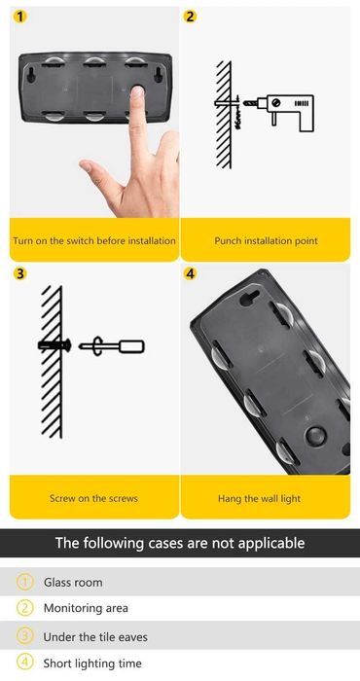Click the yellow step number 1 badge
(20, 17)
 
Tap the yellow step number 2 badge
(191, 17)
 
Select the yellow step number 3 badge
(20, 274)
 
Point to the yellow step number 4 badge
(190, 274)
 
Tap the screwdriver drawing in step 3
(112, 346)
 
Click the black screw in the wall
(54, 345)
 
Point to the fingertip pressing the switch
(137, 93)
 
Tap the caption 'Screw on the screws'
(93, 498)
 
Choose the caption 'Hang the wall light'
(259, 498)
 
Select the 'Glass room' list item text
(73, 583)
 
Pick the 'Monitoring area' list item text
(86, 608)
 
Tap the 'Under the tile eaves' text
(95, 637)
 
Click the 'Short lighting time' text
(92, 663)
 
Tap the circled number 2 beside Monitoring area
(24, 608)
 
